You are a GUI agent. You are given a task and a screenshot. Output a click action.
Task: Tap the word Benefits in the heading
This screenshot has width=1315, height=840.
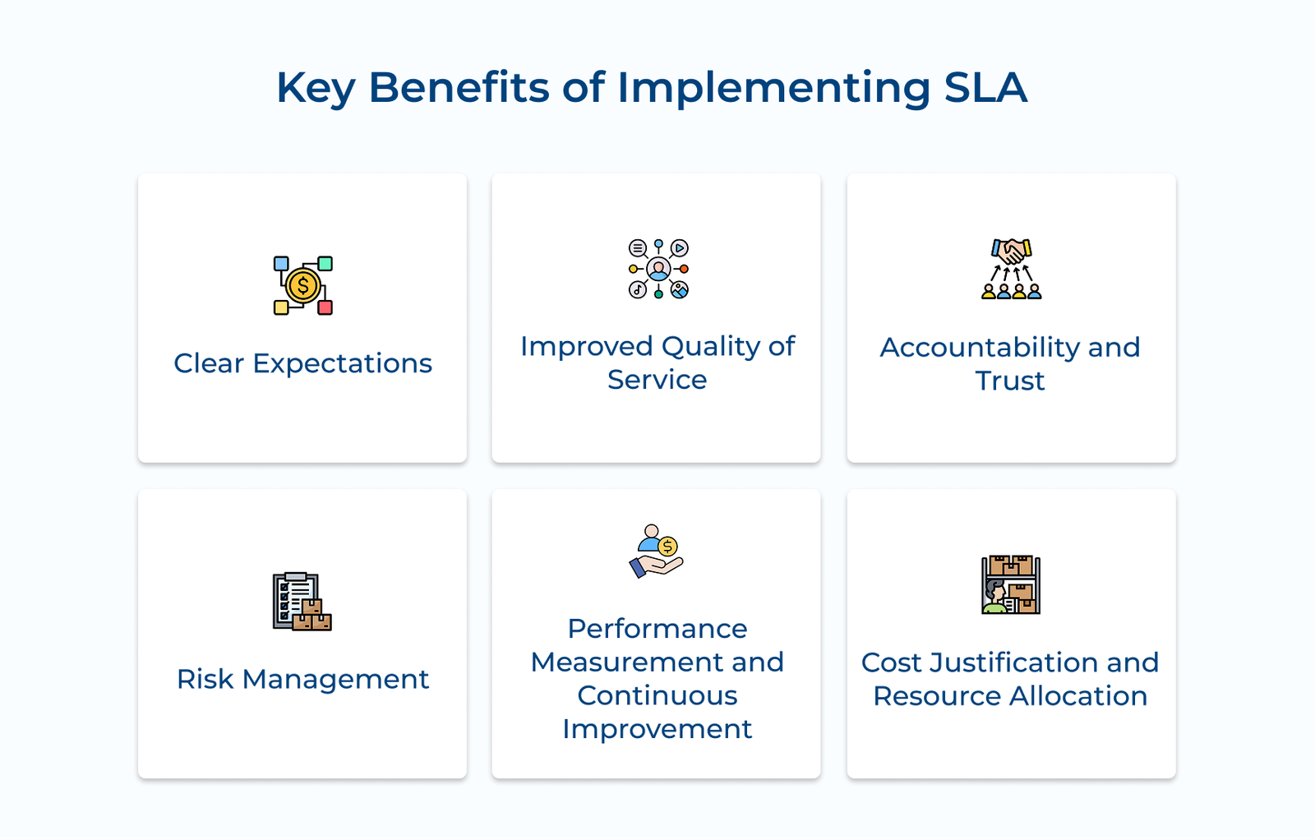pyautogui.click(x=459, y=87)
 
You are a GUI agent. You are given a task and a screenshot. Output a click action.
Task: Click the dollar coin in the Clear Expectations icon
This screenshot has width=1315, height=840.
pyautogui.click(x=302, y=286)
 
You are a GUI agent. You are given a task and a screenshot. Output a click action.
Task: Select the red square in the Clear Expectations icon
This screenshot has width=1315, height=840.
pyautogui.click(x=325, y=307)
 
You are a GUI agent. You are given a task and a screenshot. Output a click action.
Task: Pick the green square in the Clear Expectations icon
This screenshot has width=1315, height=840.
pyautogui.click(x=325, y=263)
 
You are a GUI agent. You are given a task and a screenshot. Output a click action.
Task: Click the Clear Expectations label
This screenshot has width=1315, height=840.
pyautogui.click(x=302, y=363)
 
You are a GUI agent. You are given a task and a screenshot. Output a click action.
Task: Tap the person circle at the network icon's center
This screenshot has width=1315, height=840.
pyautogui.click(x=658, y=269)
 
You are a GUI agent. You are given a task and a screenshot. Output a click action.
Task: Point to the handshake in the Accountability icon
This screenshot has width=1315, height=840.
pyautogui.click(x=1012, y=251)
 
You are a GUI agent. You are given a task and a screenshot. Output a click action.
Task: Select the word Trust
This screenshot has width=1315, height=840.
pyautogui.click(x=1010, y=381)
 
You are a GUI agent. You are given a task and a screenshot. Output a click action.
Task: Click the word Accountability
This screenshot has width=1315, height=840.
pyautogui.click(x=980, y=347)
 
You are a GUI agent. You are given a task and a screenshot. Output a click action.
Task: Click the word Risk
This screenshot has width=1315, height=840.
pyautogui.click(x=205, y=679)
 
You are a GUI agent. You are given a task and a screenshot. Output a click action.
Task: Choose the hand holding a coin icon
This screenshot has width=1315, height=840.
pyautogui.click(x=657, y=552)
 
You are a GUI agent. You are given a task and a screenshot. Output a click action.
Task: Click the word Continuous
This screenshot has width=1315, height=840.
pyautogui.click(x=657, y=695)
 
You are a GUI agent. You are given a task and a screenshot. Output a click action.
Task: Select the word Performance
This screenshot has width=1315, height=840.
pyautogui.click(x=657, y=629)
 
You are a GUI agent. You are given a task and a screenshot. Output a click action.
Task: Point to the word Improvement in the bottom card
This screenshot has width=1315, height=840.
pyautogui.click(x=657, y=729)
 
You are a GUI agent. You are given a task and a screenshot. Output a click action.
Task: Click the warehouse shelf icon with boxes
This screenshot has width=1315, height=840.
pyautogui.click(x=1011, y=584)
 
